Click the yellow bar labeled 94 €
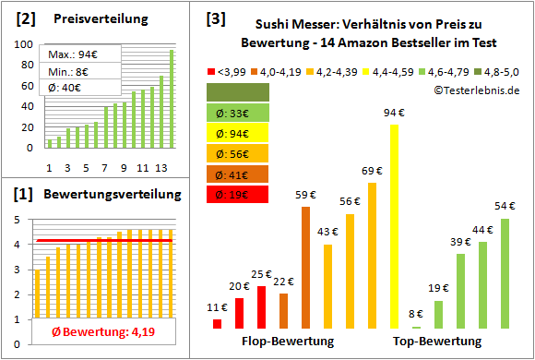click(395, 226)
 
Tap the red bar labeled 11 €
click(218, 323)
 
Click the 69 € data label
click(372, 172)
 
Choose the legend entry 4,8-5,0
click(498, 70)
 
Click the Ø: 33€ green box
click(238, 113)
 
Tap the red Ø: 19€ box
click(238, 195)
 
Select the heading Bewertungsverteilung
click(101, 195)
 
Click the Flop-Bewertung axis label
click(288, 342)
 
